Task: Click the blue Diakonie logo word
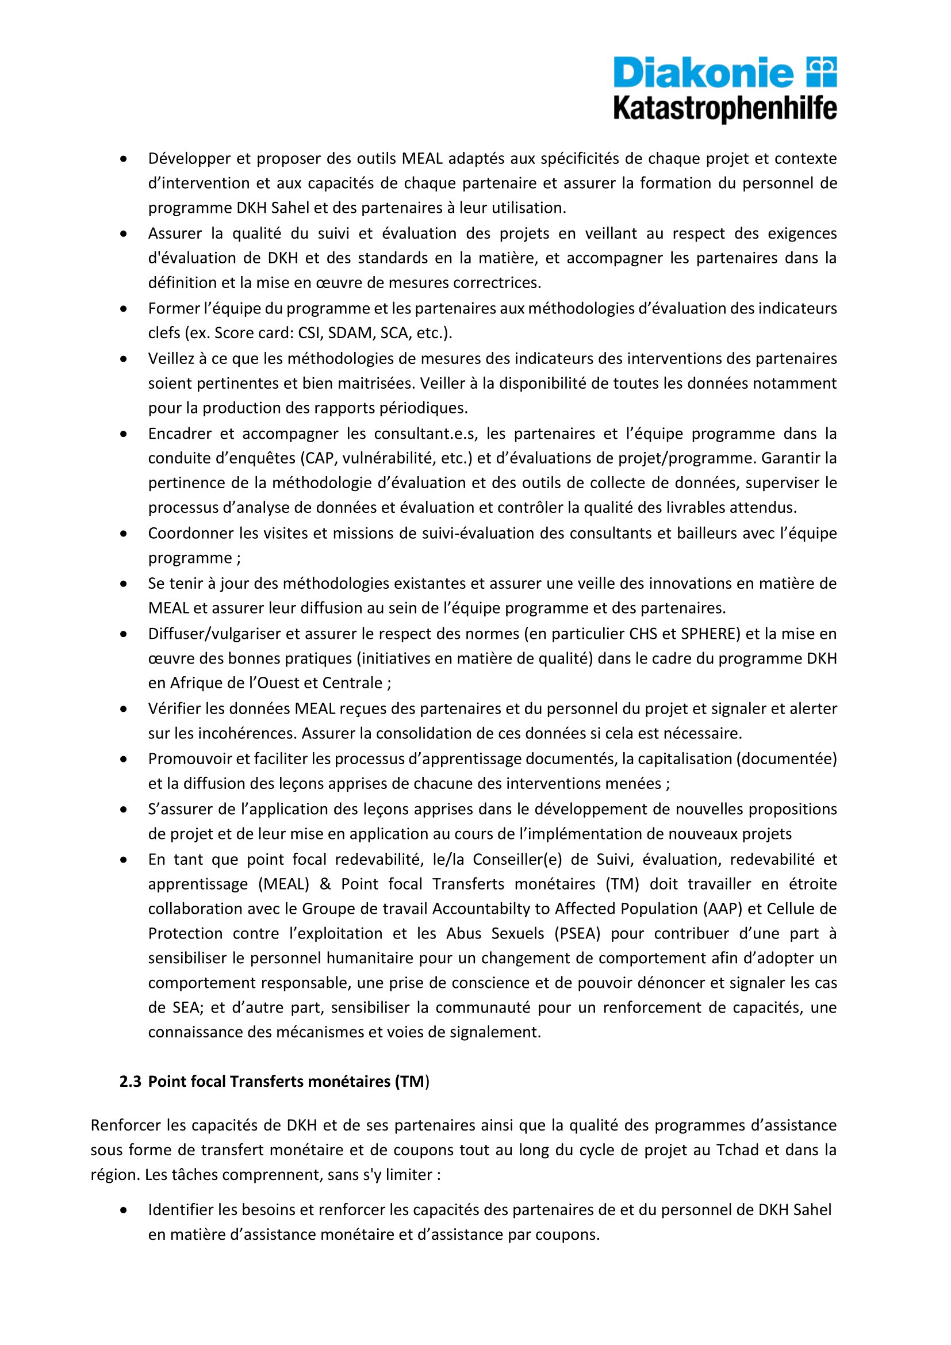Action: click(x=703, y=73)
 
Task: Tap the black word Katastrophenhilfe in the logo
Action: click(x=725, y=109)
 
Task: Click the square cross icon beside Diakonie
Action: click(x=822, y=72)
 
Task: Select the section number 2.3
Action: click(x=130, y=1082)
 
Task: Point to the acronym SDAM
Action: click(x=350, y=334)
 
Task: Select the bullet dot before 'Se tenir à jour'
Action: click(x=124, y=584)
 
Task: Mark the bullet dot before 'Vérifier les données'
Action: click(x=124, y=710)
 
